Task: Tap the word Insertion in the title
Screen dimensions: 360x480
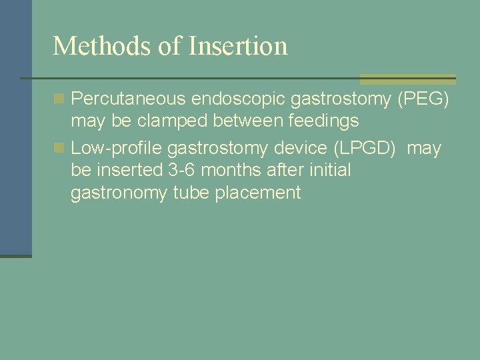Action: click(238, 46)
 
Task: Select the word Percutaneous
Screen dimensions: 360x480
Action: click(128, 99)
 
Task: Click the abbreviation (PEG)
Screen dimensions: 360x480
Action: click(423, 99)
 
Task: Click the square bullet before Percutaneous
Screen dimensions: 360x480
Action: click(59, 99)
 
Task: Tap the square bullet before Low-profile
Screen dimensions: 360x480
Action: click(59, 147)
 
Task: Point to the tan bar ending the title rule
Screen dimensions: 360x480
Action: click(407, 79)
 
